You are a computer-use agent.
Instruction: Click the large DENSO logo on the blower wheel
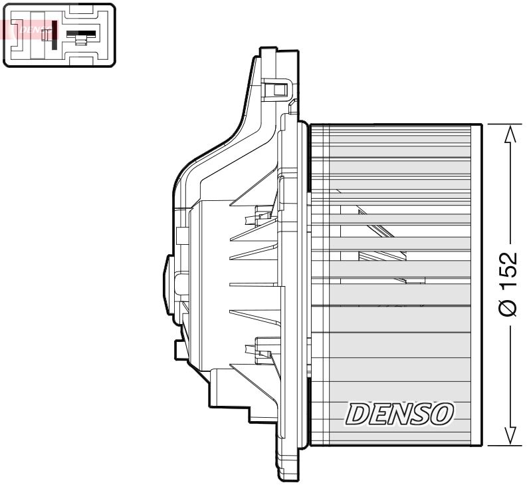point(399,414)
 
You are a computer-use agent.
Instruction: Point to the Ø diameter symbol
point(508,307)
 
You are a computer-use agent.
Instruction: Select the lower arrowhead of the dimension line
point(510,434)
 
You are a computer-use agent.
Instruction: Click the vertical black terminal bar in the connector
point(53,34)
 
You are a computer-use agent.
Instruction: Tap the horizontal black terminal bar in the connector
point(81,34)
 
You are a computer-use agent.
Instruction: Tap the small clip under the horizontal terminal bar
point(80,42)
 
